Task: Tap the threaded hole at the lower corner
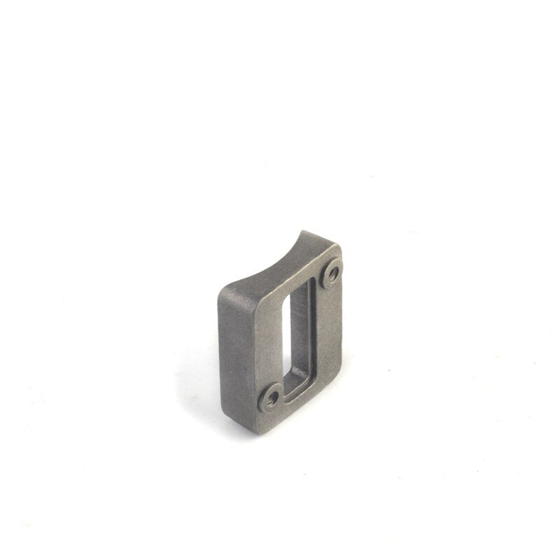(272, 398)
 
